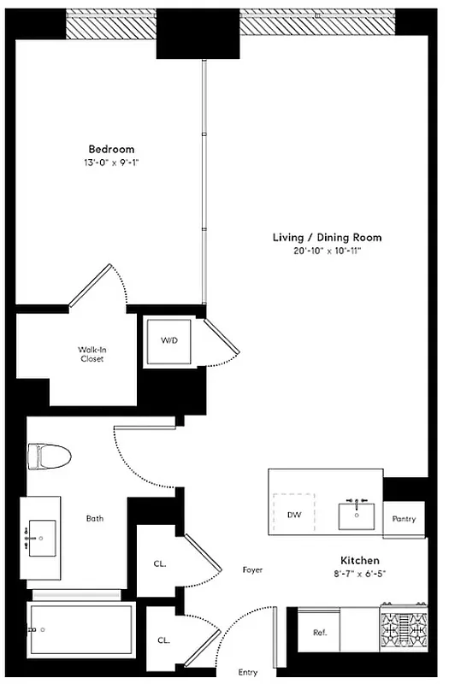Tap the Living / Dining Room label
pos(327,238)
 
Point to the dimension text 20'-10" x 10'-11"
pos(327,251)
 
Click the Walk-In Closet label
pos(92,354)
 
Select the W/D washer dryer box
pos(169,341)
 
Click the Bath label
pos(96,518)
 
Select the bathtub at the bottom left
pos(81,629)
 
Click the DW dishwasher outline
pos(293,515)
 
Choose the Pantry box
pos(404,519)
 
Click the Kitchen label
pos(360,561)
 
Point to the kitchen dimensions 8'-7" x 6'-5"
pos(360,573)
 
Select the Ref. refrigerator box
pos(320,633)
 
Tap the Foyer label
pos(252,569)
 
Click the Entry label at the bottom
pos(247,672)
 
